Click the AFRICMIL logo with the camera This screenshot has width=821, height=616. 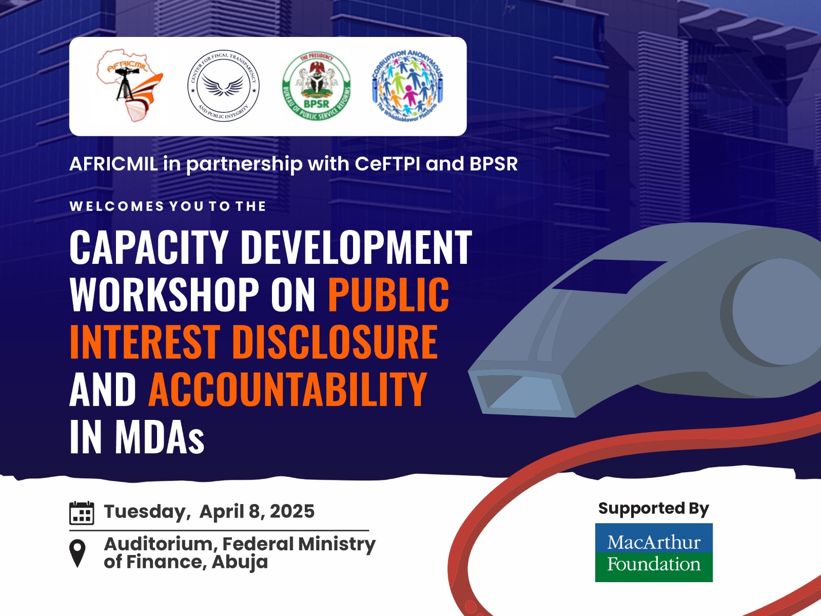pyautogui.click(x=129, y=86)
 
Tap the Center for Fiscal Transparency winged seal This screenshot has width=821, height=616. pyautogui.click(x=223, y=86)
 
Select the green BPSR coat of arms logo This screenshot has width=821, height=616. pyautogui.click(x=317, y=86)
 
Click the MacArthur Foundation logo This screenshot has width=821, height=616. pyautogui.click(x=654, y=552)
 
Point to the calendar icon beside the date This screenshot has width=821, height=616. pyautogui.click(x=82, y=513)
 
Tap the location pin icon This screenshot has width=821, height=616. pyautogui.click(x=77, y=553)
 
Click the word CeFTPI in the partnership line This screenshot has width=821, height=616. pyautogui.click(x=387, y=164)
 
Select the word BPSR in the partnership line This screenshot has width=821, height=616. pyautogui.click(x=494, y=164)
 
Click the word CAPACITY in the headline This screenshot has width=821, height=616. pyautogui.click(x=149, y=247)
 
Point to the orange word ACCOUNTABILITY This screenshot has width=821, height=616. pyautogui.click(x=288, y=389)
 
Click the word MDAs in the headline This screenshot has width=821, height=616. pyautogui.click(x=160, y=436)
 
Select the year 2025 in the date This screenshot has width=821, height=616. pyautogui.click(x=292, y=511)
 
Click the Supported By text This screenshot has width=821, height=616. pyautogui.click(x=654, y=509)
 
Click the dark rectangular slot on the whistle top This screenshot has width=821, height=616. pyautogui.click(x=609, y=276)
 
